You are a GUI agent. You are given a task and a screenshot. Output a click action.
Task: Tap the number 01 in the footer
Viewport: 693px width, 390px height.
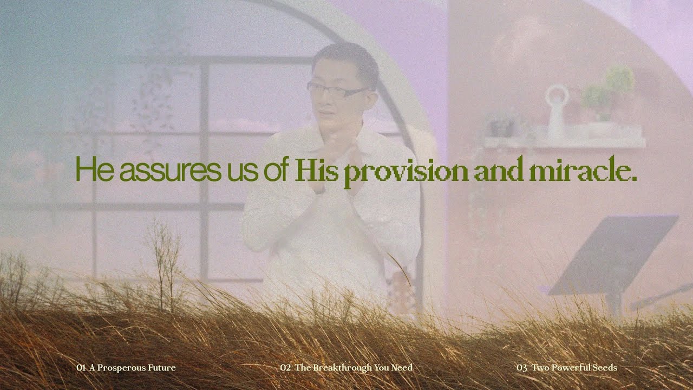pos(81,368)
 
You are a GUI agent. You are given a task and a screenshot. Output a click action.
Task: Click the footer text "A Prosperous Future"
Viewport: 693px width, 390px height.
pos(133,368)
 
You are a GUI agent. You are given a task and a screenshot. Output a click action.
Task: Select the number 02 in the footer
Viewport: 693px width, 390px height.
pos(286,368)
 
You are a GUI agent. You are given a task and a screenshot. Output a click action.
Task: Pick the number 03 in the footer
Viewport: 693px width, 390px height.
pos(522,368)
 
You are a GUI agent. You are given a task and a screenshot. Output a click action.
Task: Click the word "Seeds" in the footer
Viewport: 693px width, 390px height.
pos(605,368)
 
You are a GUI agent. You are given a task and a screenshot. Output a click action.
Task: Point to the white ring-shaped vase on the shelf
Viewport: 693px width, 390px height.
pos(557,111)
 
